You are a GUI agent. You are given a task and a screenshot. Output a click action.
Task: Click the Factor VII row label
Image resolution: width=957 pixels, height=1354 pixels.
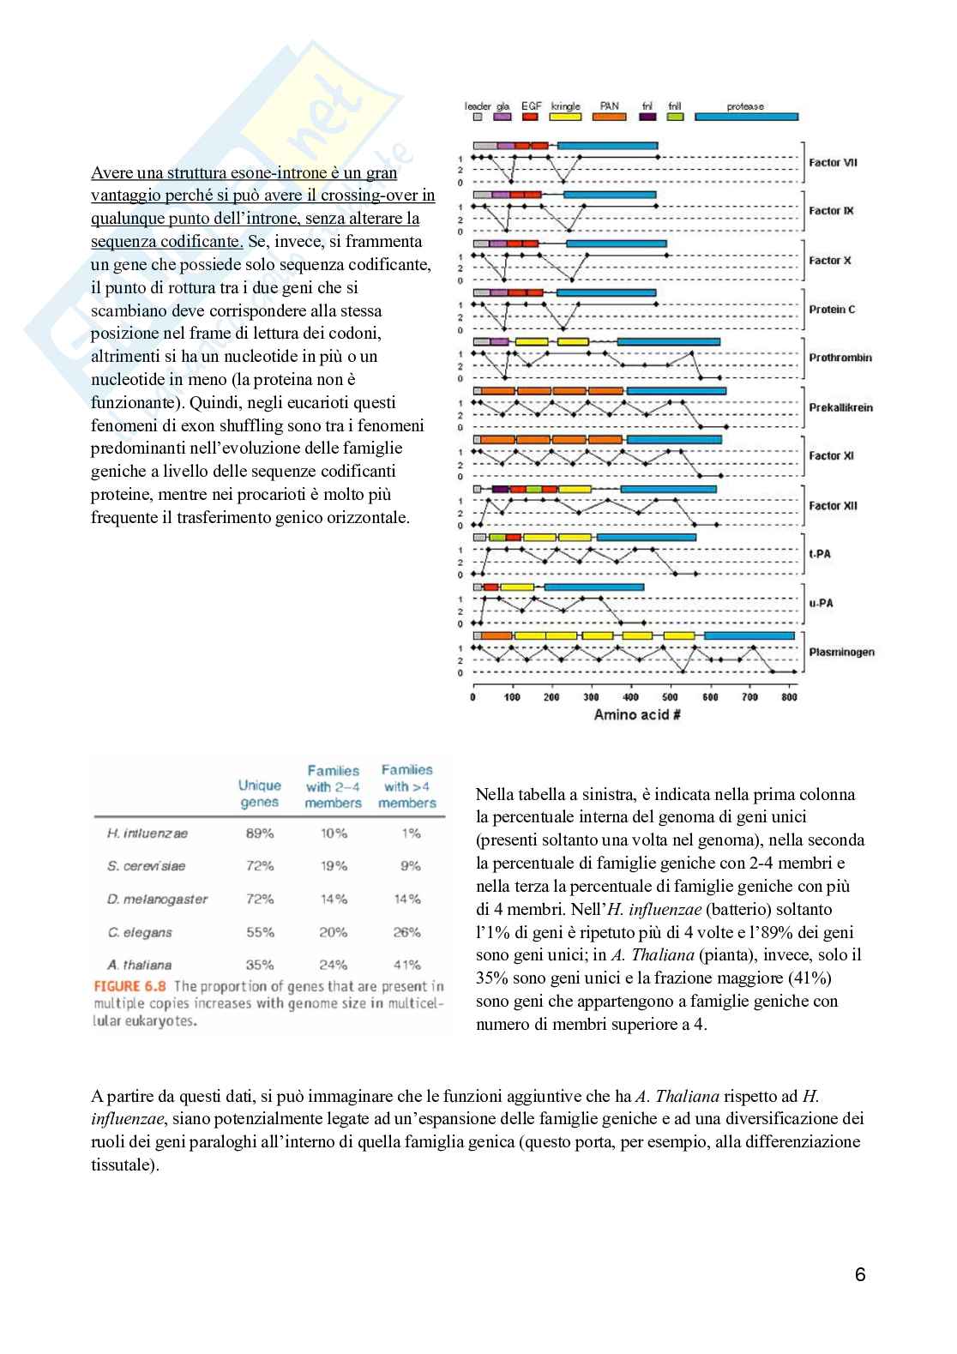(833, 162)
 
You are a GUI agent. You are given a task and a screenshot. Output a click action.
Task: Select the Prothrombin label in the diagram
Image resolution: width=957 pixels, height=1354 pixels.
(840, 358)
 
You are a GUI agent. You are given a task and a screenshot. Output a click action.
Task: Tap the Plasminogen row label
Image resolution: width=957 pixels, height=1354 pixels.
(841, 652)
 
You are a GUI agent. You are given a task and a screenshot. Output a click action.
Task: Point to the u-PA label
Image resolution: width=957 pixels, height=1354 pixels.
(821, 603)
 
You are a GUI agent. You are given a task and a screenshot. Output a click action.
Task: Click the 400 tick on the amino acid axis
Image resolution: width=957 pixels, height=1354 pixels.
(631, 697)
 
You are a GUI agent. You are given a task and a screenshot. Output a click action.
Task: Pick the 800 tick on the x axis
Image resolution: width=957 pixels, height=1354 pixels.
(790, 697)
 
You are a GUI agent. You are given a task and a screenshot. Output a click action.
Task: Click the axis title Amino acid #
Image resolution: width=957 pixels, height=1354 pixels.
(637, 714)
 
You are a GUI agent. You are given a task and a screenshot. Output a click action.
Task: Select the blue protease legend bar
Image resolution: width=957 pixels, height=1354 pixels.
(746, 117)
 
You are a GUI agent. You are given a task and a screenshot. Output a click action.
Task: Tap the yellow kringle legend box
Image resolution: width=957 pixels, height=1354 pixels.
(566, 117)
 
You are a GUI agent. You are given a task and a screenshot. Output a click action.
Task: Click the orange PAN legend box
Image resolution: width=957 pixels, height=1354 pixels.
(610, 117)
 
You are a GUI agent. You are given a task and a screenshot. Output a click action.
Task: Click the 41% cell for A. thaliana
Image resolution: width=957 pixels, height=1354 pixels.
(407, 965)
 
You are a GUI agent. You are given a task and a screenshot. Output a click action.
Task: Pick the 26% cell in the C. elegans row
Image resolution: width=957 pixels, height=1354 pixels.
(407, 932)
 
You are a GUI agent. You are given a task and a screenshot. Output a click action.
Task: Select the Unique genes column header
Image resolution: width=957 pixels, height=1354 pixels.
(259, 793)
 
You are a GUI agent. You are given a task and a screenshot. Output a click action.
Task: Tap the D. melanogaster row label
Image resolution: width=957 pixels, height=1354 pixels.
(158, 900)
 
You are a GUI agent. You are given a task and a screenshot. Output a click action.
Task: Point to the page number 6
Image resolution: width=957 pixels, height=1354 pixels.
(860, 1274)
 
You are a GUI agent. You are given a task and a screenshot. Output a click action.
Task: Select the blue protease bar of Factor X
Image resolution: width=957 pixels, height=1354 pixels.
(616, 244)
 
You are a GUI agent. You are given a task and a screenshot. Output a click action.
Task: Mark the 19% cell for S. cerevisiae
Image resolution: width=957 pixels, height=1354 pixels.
(334, 866)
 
